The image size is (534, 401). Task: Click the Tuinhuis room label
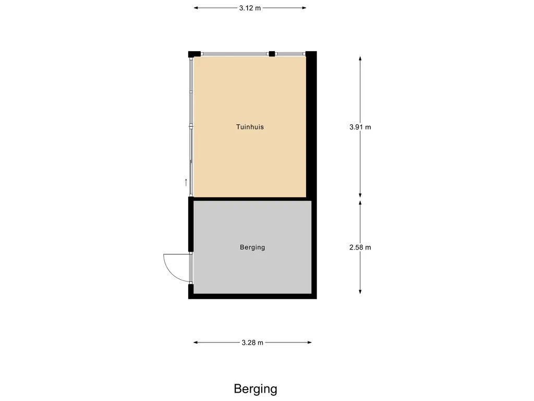coord(250,127)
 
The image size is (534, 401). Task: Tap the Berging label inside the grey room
coord(252,247)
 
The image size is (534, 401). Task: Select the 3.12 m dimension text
coord(250,8)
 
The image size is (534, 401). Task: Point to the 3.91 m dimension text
coord(360,127)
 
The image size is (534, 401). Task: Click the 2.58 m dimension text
coord(360,247)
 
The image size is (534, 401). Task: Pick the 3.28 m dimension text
coord(252,343)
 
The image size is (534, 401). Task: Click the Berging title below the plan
coord(256,389)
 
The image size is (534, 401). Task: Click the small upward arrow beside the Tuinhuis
coord(186,182)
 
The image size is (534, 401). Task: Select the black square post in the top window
coord(272,53)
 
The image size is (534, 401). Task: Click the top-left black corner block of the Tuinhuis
coord(194,54)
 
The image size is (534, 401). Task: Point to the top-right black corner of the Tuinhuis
coord(311,54)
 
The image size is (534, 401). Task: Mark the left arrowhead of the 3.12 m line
coord(196,8)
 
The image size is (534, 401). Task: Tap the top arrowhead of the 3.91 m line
coord(360,58)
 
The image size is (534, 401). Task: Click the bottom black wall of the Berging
coord(252,296)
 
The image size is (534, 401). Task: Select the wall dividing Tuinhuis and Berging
coord(250,199)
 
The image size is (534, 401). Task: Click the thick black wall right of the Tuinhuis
coord(311,125)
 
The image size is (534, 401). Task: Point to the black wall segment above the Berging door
coord(191,225)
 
